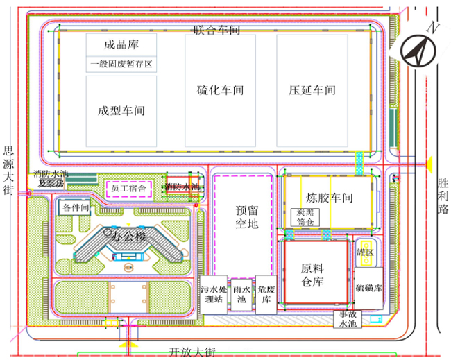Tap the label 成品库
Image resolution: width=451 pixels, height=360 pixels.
(x=121, y=45)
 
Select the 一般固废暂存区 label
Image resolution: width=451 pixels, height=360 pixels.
(x=121, y=65)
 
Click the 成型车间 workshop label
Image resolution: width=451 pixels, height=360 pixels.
(x=121, y=110)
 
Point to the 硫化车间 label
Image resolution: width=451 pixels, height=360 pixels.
(x=220, y=90)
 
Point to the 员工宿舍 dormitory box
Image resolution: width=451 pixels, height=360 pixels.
(x=129, y=188)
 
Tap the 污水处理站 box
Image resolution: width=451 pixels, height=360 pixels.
(x=213, y=293)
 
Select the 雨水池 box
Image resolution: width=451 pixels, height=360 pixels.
(x=242, y=293)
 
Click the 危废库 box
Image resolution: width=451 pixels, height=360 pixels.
(x=266, y=293)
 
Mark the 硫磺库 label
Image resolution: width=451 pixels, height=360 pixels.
(x=368, y=287)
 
